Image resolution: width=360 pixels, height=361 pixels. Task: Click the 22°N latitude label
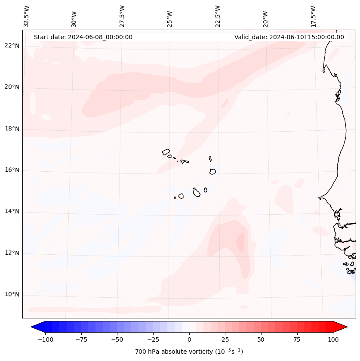12,46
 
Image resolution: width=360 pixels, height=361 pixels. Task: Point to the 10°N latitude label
12,295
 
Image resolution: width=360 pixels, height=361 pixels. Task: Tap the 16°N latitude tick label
12,170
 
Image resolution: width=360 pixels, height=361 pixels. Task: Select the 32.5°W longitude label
27,16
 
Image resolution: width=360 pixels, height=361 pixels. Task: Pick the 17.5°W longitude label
314,16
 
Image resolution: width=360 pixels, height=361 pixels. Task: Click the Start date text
83,37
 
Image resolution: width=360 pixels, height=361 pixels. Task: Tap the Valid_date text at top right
289,37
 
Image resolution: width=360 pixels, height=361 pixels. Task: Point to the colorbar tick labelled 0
189,339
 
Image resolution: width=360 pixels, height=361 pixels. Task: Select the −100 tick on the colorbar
45,339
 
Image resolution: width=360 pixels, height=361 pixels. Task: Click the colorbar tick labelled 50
261,339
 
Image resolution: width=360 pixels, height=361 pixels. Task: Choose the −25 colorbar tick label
153,339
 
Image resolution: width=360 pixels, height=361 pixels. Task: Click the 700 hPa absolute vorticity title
189,352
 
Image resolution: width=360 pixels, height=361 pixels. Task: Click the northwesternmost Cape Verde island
166,152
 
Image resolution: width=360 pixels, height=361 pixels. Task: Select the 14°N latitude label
12,212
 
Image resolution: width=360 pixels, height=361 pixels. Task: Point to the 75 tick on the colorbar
297,339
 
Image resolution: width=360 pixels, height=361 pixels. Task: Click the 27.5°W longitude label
122,16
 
